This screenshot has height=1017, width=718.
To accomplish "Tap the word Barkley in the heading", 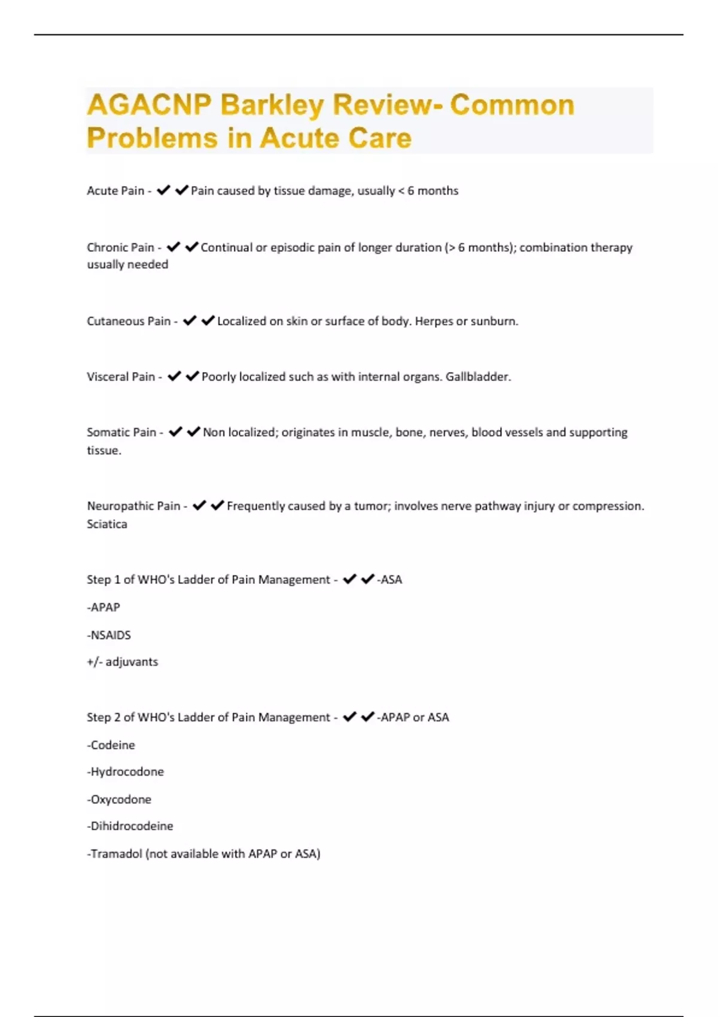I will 272,105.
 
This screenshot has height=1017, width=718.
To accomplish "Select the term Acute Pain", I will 115,191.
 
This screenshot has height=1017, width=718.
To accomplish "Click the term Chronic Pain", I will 120,248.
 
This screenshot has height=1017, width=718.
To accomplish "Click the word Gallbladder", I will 477,377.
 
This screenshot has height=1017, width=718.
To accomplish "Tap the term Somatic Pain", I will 121,433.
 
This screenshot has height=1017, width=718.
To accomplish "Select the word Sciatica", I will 107,524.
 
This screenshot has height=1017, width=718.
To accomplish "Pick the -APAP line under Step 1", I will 104,608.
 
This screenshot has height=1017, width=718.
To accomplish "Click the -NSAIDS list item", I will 109,635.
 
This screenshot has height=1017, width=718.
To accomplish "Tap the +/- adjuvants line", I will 123,662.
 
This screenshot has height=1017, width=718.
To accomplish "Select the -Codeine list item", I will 111,745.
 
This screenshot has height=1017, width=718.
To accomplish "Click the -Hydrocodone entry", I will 126,772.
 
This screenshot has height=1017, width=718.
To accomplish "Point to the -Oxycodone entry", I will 119,800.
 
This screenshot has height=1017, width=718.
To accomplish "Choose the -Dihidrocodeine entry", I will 130,826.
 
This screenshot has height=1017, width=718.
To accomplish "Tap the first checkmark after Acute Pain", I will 163,191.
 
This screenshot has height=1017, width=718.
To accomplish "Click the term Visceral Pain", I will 121,377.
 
